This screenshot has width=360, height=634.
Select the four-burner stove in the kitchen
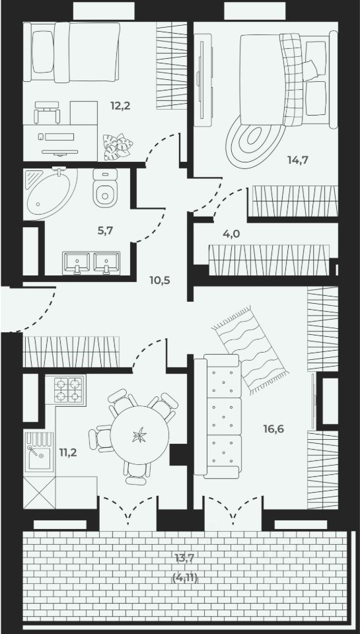(65, 390)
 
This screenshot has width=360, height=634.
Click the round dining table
(139, 435)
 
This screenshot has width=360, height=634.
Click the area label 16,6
(273, 429)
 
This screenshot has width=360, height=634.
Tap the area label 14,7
(298, 160)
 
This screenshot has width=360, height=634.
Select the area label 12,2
(120, 106)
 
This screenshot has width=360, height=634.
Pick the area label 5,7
(105, 231)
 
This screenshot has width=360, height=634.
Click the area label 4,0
(231, 233)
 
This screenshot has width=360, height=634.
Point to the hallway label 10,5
(159, 280)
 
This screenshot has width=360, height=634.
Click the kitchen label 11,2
(68, 452)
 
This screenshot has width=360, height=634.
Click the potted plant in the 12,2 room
(118, 147)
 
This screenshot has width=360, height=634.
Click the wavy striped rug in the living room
(250, 350)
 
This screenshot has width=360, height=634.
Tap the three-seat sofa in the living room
(218, 417)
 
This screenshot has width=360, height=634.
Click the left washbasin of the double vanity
(76, 262)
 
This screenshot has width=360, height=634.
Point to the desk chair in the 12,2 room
(47, 112)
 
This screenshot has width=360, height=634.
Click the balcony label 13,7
(185, 559)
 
